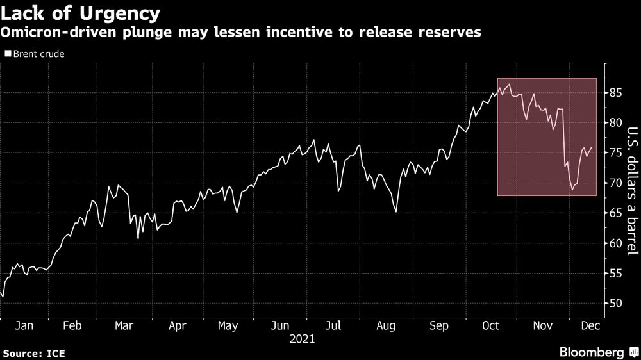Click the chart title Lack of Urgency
pos(81,12)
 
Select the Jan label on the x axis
pos(24,325)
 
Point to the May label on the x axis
pos(228,325)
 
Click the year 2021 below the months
pos(303,339)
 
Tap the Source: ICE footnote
pos(34,352)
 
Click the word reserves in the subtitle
pos(456,33)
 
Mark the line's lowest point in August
pos(395,212)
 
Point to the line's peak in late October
pos(509,84)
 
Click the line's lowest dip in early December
pos(572,190)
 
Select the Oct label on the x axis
pos(490,325)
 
